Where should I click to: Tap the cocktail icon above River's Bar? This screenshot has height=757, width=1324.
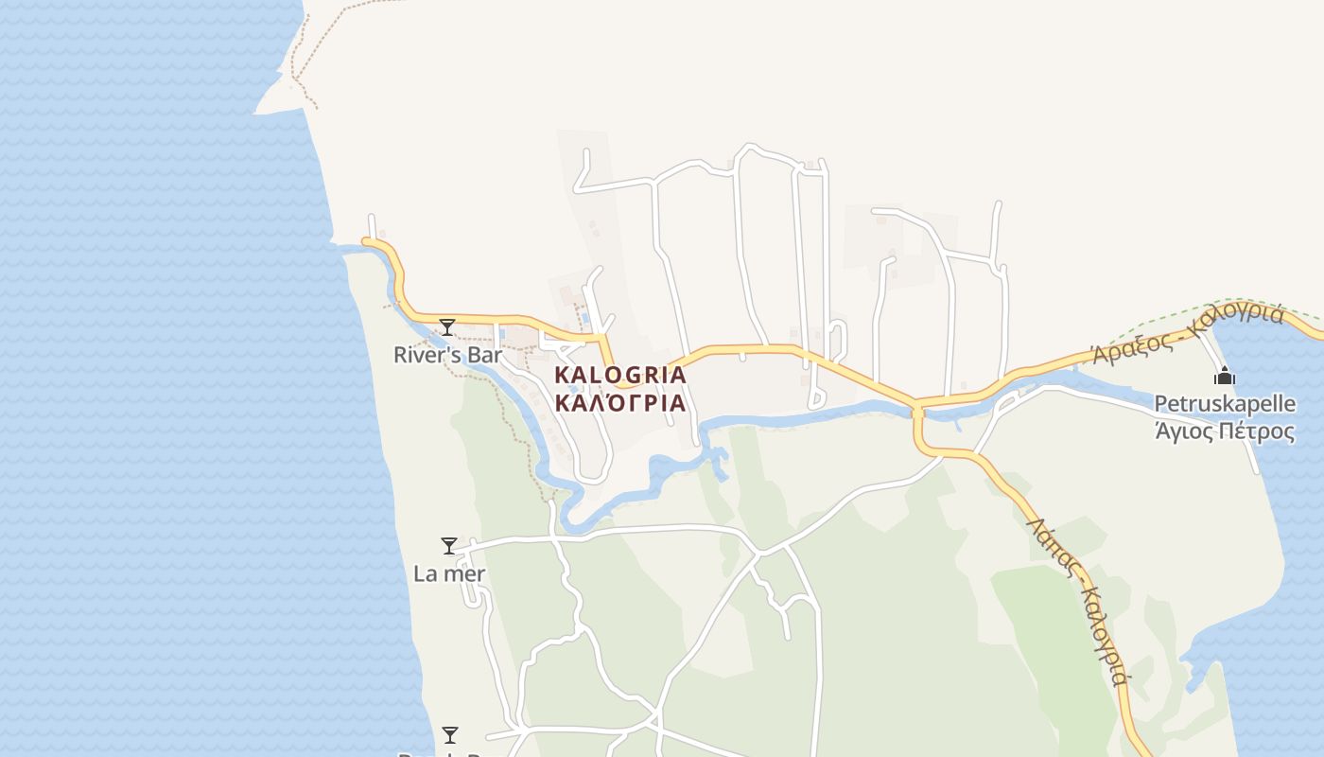[447, 327]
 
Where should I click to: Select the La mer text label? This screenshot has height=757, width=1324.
[449, 573]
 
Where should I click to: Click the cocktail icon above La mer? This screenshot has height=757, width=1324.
[449, 546]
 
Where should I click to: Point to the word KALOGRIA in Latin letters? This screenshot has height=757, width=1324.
[620, 375]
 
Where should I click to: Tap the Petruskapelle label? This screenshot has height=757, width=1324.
[1225, 404]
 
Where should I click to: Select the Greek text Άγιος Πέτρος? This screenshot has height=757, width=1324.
[1225, 431]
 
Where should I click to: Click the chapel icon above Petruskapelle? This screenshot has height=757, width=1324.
[1225, 377]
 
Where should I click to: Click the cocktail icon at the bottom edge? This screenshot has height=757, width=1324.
[450, 735]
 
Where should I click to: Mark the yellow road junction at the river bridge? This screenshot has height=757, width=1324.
[916, 409]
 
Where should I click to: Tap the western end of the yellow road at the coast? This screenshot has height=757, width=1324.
[368, 242]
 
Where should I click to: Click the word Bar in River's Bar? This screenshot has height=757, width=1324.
[482, 356]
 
